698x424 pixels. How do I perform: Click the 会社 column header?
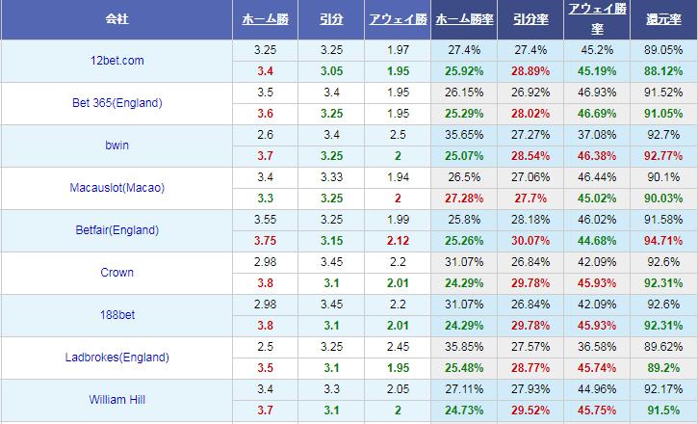click(116, 19)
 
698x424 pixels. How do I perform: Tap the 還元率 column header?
click(664, 19)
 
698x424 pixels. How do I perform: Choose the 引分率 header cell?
click(529, 19)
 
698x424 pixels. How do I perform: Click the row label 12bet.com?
click(116, 60)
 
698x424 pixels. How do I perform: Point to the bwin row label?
click(116, 146)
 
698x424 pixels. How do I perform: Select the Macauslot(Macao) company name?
click(116, 188)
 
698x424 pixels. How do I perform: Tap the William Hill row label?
click(116, 400)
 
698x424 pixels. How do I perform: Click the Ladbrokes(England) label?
click(116, 358)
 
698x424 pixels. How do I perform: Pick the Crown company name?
click(116, 273)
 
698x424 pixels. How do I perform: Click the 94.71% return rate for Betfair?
click(664, 241)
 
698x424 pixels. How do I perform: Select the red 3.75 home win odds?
click(265, 241)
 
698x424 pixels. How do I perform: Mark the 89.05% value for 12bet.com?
click(664, 50)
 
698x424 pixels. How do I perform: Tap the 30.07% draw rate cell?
click(529, 241)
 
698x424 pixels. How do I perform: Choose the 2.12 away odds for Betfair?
click(398, 241)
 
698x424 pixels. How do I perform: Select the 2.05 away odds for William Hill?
click(398, 389)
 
